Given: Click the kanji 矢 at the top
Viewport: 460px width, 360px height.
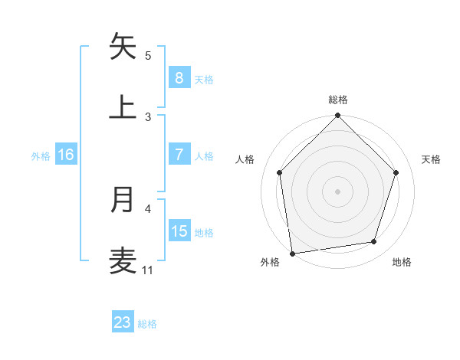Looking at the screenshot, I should click(123, 47).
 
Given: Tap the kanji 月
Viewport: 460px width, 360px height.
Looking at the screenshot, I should click(123, 199).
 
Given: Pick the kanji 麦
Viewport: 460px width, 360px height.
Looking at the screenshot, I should click(123, 260).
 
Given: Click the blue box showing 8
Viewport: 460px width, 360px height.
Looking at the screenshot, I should click(179, 78).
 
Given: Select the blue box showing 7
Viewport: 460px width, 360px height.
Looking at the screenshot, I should click(179, 155).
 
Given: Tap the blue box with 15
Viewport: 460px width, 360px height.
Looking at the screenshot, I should click(179, 231).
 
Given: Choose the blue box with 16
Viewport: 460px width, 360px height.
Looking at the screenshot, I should click(66, 155).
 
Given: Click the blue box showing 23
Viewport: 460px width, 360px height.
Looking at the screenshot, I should click(123, 322).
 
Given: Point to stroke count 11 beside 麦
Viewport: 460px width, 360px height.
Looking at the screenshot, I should click(147, 270).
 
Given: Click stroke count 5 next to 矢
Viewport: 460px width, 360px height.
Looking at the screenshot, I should click(148, 55).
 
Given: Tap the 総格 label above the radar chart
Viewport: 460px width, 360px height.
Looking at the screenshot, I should click(337, 100).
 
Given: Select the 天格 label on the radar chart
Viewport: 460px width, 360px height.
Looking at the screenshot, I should click(432, 159).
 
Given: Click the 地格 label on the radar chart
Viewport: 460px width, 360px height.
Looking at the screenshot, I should click(402, 262).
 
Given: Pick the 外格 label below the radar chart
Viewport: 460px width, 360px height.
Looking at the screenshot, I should click(270, 262).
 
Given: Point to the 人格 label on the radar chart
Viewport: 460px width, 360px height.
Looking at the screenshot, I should click(245, 159).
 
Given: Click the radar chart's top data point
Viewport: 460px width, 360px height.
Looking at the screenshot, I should click(337, 116).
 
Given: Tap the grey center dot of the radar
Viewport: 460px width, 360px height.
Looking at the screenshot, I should click(337, 191).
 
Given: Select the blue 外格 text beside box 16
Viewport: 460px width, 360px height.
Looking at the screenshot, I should click(41, 155).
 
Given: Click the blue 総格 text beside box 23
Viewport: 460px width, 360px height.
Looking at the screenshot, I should click(147, 324).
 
